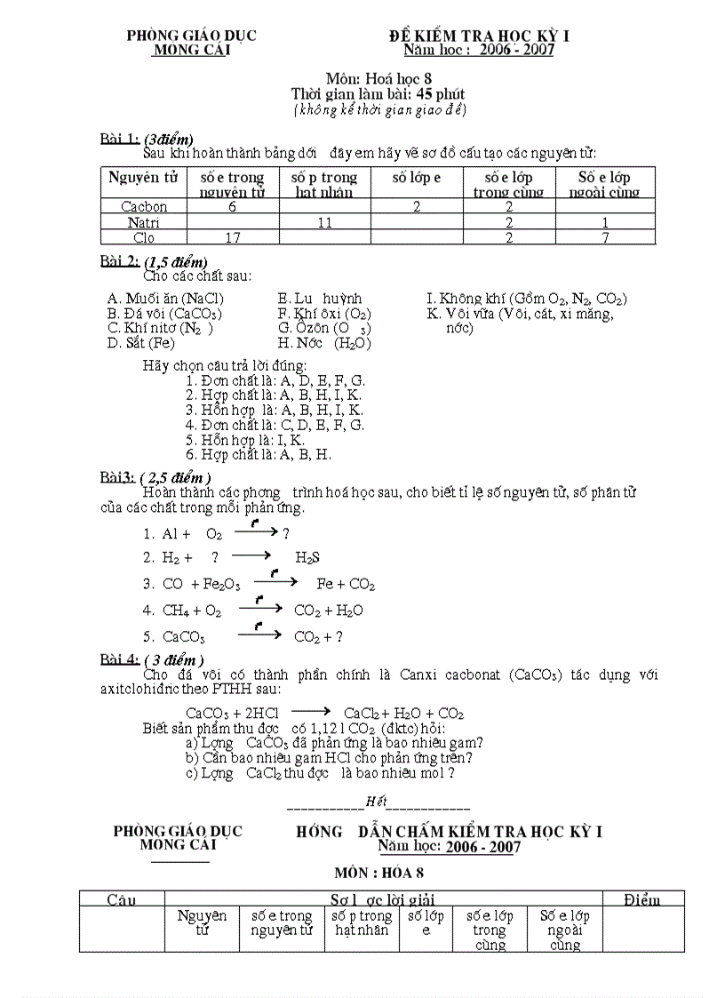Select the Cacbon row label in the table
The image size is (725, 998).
tap(144, 206)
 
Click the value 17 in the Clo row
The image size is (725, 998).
tap(232, 237)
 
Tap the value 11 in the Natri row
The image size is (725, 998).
tap(324, 222)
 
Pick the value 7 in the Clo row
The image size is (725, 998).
tap(605, 237)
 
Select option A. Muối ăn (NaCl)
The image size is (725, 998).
tap(165, 299)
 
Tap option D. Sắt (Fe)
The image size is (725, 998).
tap(140, 343)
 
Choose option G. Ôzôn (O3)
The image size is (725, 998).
tap(324, 328)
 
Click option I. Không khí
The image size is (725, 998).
tap(526, 299)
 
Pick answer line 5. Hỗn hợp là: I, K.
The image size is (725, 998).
tap(245, 440)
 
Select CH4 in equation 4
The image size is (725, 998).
tap(178, 611)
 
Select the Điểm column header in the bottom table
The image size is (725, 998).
tap(641, 900)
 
